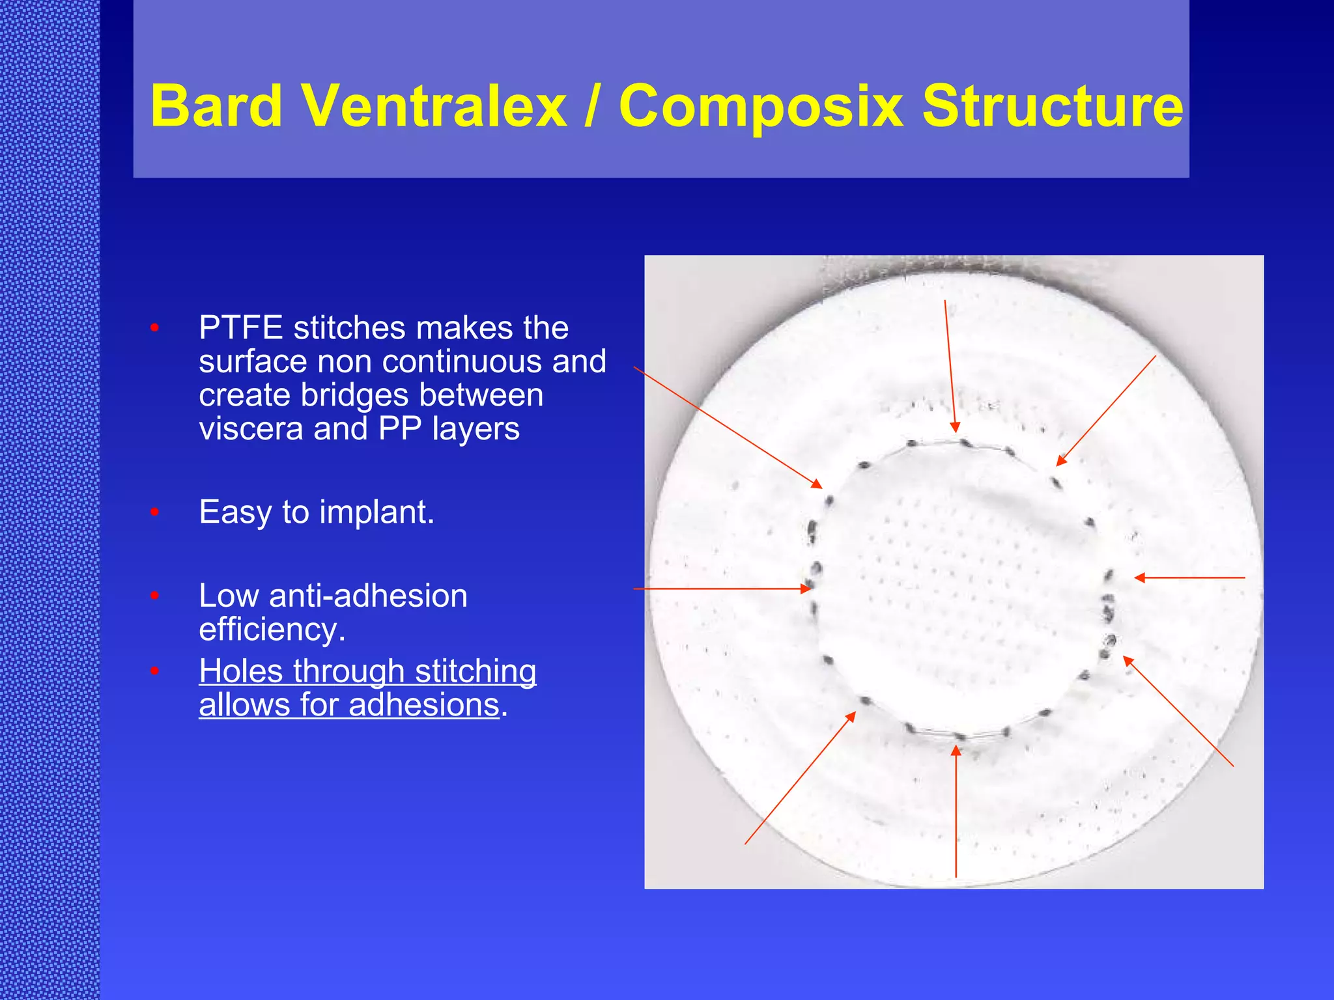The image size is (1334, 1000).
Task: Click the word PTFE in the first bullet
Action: click(240, 327)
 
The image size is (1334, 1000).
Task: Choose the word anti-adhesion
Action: click(368, 596)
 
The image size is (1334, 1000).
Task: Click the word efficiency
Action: click(272, 630)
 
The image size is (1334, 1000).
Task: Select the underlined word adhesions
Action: click(424, 705)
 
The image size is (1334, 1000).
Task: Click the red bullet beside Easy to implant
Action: click(154, 512)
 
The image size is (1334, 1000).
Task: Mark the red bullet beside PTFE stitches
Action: click(154, 327)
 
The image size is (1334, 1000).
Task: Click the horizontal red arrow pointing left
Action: click(1189, 577)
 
